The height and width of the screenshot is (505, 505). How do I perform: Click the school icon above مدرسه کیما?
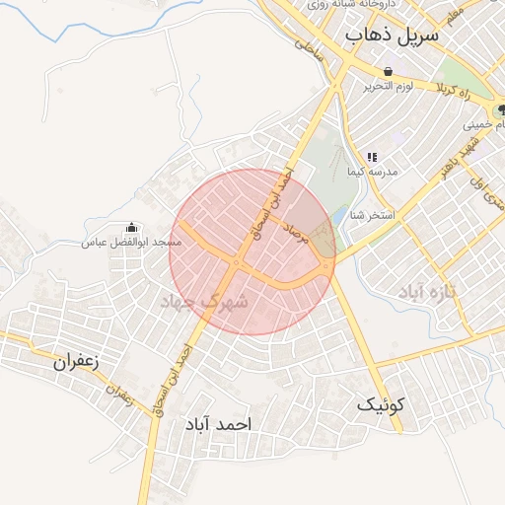(372, 156)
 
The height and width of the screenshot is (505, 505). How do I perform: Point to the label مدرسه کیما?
(372, 172)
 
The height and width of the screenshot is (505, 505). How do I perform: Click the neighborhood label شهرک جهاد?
(209, 301)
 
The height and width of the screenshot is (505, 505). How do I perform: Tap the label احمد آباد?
(219, 423)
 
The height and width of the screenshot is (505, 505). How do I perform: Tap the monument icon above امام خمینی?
(501, 109)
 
